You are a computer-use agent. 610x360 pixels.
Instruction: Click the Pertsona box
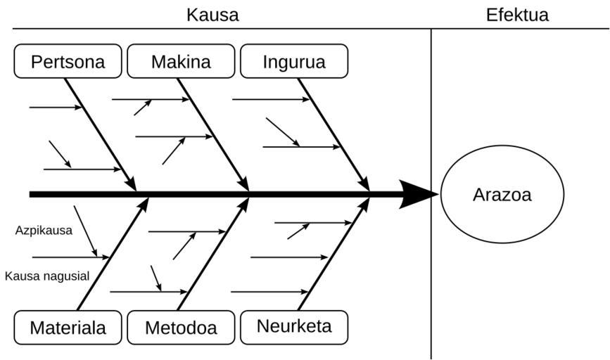(68, 61)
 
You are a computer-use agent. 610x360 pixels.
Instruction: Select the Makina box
(181, 61)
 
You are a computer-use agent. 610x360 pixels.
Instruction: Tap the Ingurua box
(294, 61)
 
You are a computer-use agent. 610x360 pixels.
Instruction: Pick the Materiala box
(68, 327)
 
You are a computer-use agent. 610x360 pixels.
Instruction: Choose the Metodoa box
(181, 327)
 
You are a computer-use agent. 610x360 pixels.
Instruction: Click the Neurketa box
(294, 326)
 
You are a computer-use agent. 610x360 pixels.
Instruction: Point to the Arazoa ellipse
(502, 195)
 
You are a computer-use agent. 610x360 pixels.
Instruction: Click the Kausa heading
(212, 15)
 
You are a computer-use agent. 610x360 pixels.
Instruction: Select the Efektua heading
(517, 15)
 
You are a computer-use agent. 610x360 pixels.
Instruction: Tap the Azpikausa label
(44, 230)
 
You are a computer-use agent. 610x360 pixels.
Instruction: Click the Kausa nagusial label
(47, 276)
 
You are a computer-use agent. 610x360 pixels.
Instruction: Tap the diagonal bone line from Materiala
(113, 255)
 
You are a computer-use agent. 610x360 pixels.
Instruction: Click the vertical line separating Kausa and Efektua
(431, 281)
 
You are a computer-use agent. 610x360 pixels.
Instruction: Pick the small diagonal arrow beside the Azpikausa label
(85, 230)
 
